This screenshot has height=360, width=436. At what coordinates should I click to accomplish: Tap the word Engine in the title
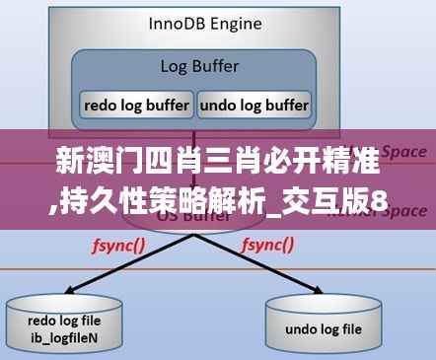click(238, 22)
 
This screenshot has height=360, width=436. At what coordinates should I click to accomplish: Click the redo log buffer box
click(135, 104)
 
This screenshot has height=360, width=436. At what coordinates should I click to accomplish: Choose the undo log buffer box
click(254, 104)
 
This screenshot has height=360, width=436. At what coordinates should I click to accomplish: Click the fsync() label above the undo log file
click(268, 244)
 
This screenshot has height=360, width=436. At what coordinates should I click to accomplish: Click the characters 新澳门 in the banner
click(89, 162)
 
